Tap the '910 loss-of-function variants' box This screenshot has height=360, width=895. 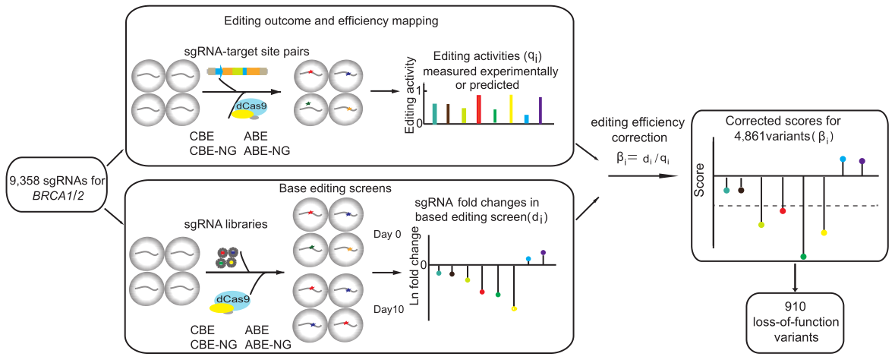click(x=795, y=318)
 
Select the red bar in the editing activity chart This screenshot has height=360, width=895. click(x=478, y=109)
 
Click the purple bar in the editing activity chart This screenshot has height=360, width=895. click(x=540, y=109)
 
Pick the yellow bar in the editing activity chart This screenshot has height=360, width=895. click(x=511, y=109)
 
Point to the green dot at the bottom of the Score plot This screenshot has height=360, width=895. click(x=803, y=257)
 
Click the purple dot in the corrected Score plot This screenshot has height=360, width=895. click(x=862, y=161)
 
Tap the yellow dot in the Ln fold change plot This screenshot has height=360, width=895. click(x=514, y=308)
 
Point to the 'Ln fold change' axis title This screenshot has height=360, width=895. click(x=415, y=265)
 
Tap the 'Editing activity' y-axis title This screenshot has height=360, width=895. click(x=410, y=99)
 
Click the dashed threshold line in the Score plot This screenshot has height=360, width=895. click(x=797, y=205)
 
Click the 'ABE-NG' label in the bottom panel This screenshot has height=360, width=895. click(x=268, y=345)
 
